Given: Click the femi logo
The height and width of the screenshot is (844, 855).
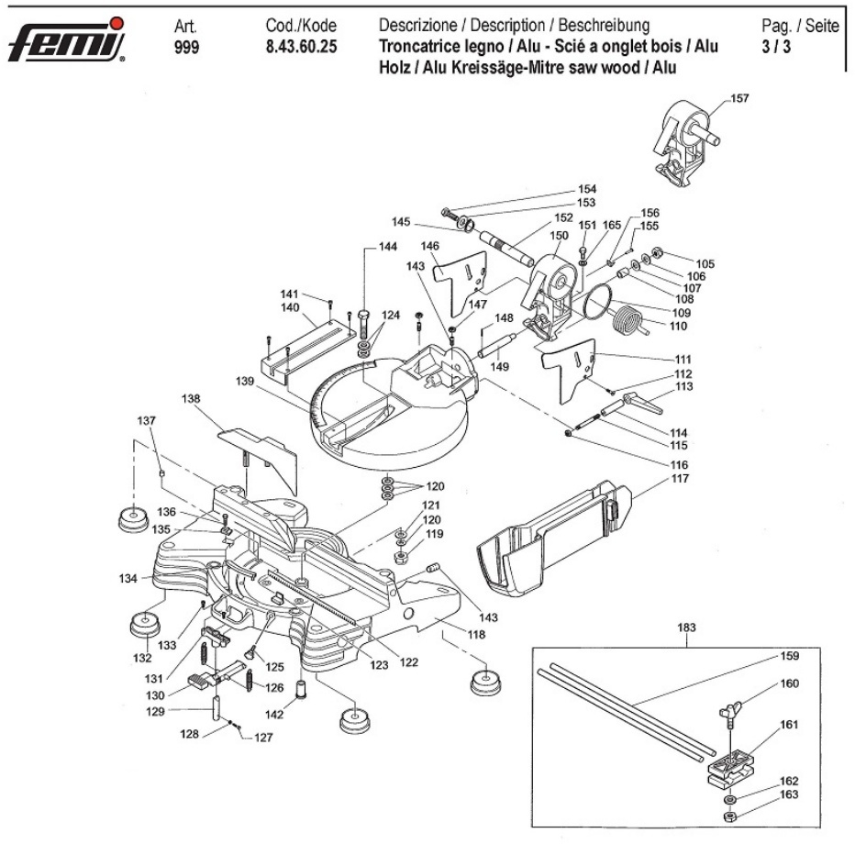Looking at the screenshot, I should click(66, 40).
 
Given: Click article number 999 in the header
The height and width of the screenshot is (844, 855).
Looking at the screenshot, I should click(185, 47).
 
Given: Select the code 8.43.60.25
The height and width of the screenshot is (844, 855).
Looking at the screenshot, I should click(299, 47).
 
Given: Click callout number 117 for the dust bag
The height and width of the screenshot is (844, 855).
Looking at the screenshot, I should click(680, 479).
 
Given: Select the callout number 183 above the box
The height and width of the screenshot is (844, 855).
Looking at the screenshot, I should click(686, 628).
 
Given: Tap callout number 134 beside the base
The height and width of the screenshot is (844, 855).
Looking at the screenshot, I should click(128, 579).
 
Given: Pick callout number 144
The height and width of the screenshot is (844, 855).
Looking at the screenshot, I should click(388, 247).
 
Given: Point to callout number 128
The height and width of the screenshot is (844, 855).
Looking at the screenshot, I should click(189, 734).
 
